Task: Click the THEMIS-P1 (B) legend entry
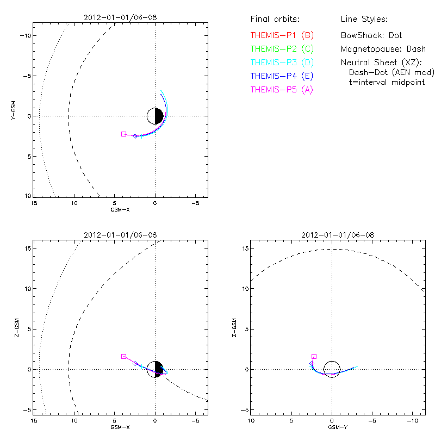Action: (282, 35)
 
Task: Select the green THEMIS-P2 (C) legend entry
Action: (282, 49)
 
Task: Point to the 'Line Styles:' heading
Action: (364, 20)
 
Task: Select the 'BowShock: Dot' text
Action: (371, 35)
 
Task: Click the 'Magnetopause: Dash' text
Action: (383, 49)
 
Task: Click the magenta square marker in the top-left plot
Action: (124, 134)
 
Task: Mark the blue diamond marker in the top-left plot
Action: (135, 136)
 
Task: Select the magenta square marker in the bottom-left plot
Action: (124, 356)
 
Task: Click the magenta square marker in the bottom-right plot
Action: (314, 356)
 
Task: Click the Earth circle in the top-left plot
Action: (156, 116)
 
